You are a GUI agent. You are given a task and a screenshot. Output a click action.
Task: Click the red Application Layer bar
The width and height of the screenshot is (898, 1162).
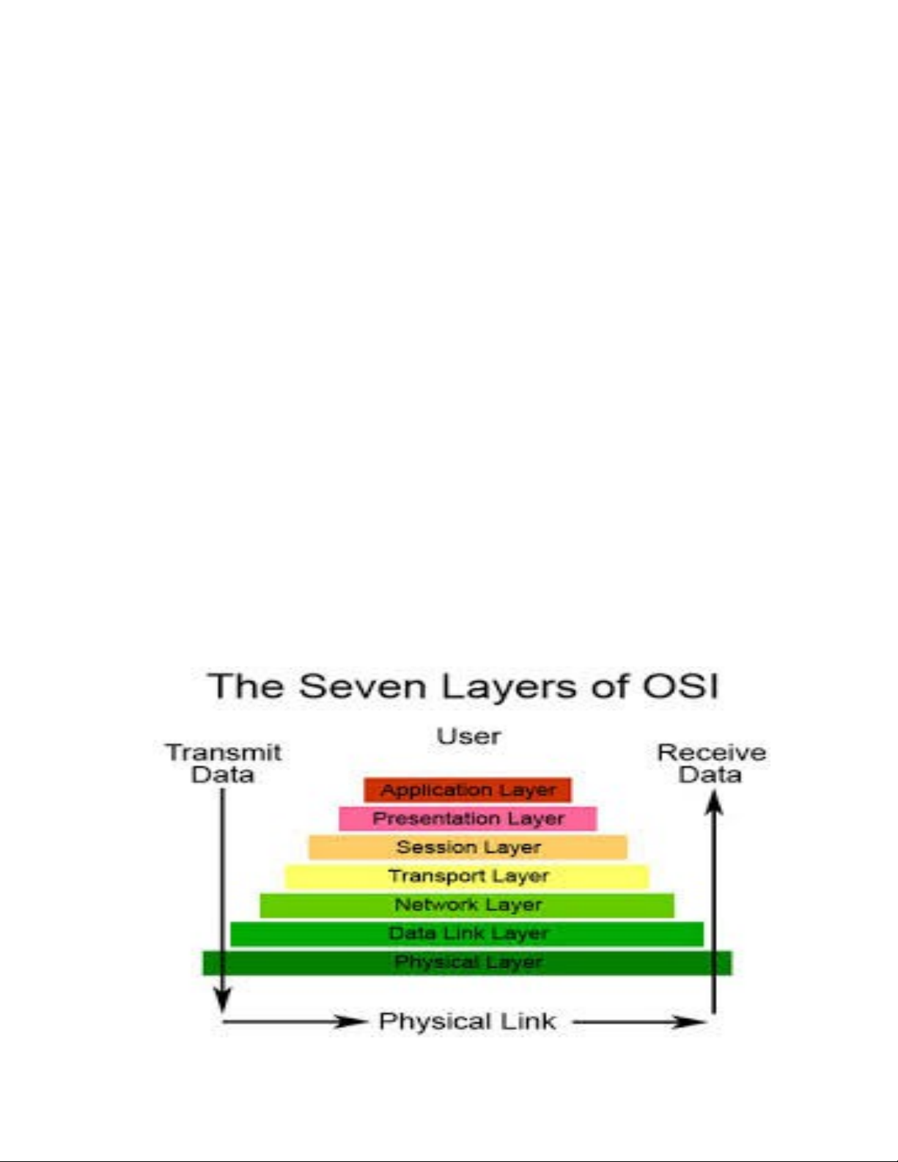point(467,790)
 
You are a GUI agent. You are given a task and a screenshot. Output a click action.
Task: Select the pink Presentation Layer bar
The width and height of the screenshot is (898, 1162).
point(468,819)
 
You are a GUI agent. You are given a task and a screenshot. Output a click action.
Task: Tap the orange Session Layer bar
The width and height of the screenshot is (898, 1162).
point(468,847)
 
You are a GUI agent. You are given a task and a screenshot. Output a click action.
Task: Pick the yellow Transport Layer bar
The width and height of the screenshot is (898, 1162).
point(467,876)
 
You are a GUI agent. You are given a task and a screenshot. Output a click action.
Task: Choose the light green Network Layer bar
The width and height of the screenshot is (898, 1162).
point(467,905)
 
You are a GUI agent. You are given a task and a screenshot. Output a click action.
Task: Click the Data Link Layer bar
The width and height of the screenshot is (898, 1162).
point(467,934)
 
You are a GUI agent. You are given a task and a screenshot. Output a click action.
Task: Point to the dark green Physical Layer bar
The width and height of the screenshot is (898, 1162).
point(467,963)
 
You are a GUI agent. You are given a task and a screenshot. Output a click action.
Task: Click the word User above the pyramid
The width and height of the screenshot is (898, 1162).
point(468,736)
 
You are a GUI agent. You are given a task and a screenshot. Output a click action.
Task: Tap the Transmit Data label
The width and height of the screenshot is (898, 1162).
point(223,763)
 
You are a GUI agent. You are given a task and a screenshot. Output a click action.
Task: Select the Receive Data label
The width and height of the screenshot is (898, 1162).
point(711,763)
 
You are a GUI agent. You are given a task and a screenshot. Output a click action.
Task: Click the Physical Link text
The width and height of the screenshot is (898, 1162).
point(467,1021)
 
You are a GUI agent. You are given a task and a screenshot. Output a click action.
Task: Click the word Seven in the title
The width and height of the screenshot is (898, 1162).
point(362,687)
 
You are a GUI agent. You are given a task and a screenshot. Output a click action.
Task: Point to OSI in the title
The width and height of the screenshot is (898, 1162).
point(680,687)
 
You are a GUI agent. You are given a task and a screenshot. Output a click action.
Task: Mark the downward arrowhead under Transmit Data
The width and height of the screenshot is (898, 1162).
point(222,1000)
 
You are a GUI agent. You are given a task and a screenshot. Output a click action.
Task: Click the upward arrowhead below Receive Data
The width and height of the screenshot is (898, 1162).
point(714,804)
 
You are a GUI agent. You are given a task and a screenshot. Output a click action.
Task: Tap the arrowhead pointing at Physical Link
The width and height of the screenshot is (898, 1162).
point(349,1021)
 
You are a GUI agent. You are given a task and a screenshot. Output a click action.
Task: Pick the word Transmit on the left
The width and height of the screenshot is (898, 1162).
point(224,752)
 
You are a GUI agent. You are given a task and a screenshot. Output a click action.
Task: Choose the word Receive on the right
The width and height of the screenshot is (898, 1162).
point(711,752)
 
